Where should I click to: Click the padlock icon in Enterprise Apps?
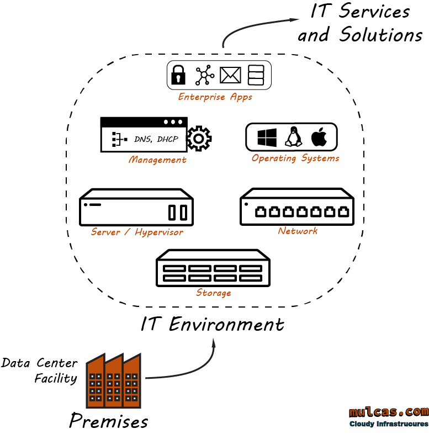pyautogui.click(x=177, y=75)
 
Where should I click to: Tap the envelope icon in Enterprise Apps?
pyautogui.click(x=230, y=75)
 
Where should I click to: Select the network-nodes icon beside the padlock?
pyautogui.click(x=204, y=75)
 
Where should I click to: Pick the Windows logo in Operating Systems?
pyautogui.click(x=267, y=137)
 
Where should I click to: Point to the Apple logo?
pyautogui.click(x=319, y=137)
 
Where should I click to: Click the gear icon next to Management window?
pyautogui.click(x=199, y=138)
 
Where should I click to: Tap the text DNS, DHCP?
pyautogui.click(x=156, y=139)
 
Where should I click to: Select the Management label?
pyautogui.click(x=157, y=160)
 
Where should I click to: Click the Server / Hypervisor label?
pyautogui.click(x=137, y=232)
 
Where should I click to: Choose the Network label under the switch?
pyautogui.click(x=298, y=231)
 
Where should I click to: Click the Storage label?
pyautogui.click(x=213, y=293)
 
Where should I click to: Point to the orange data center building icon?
pyautogui.click(x=113, y=380)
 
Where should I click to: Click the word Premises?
pyautogui.click(x=109, y=421)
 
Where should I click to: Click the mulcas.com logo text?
pyautogui.click(x=389, y=411)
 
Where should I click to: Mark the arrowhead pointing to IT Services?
pyautogui.click(x=293, y=20)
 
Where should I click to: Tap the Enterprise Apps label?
pyautogui.click(x=215, y=97)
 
